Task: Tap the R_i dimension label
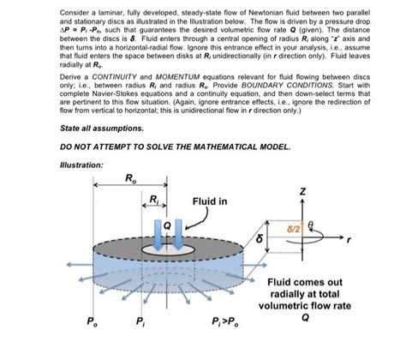click(154, 200)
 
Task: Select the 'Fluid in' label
click(211, 201)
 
